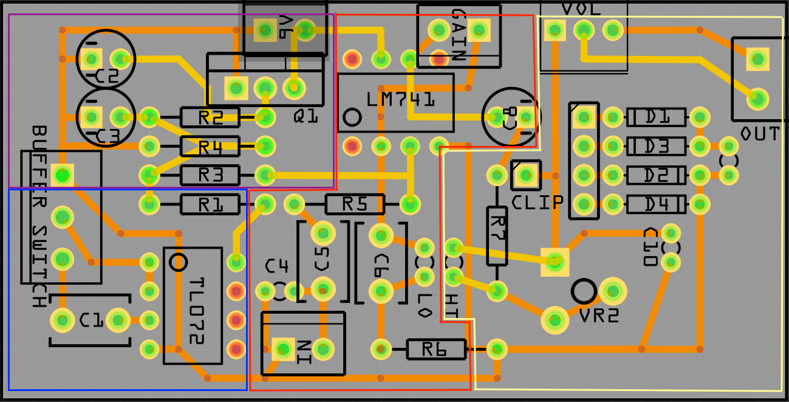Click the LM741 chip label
click(x=401, y=99)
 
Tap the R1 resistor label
click(x=210, y=205)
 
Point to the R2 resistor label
click(x=210, y=117)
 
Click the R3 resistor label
click(x=210, y=176)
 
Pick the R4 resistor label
click(x=210, y=147)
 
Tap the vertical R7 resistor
click(x=497, y=235)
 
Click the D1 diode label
click(x=657, y=117)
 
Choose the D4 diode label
click(x=657, y=204)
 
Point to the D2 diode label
click(x=657, y=176)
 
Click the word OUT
click(x=759, y=134)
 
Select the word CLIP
click(x=538, y=203)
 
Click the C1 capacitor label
click(x=91, y=321)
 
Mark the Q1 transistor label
click(x=306, y=116)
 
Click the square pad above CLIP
click(x=526, y=175)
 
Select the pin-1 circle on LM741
click(x=352, y=117)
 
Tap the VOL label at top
click(x=581, y=9)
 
